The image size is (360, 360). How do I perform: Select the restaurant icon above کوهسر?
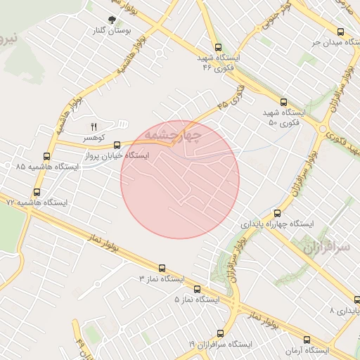click(93, 126)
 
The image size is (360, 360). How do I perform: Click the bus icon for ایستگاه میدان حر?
click(340, 32)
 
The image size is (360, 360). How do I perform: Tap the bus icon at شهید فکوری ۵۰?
click(283, 102)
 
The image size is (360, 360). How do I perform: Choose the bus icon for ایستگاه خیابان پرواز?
click(116, 146)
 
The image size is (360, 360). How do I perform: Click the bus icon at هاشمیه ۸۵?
click(47, 156)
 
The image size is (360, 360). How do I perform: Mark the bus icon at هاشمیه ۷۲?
click(37, 191)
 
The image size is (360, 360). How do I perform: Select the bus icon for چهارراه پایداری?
click(276, 213)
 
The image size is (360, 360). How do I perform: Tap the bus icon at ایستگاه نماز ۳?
click(162, 268)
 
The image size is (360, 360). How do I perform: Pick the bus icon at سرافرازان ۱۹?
click(221, 333)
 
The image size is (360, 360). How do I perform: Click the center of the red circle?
click(180, 179)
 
